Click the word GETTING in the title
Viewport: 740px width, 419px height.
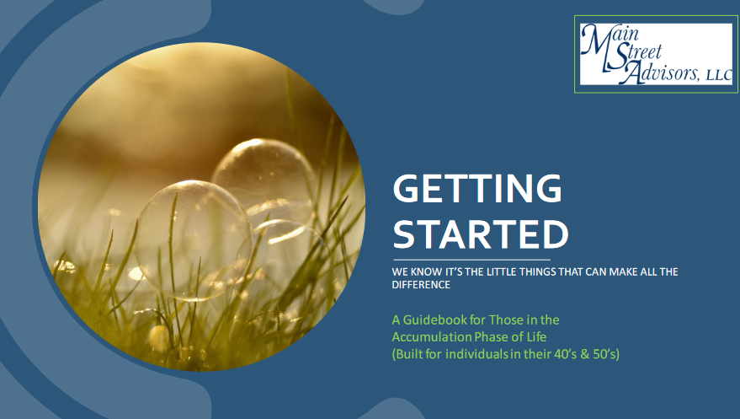coord(477,189)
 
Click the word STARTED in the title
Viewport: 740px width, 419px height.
coord(481,234)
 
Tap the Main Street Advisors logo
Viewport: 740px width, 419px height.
coord(656,54)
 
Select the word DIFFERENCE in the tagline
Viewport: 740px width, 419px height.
coord(421,285)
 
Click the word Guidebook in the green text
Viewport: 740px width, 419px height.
coord(434,320)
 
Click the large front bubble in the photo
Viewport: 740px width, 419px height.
coord(193,240)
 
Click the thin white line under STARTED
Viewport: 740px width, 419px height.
coord(472,260)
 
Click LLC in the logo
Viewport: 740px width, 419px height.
coord(719,75)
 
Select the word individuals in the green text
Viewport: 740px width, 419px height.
coord(476,354)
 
